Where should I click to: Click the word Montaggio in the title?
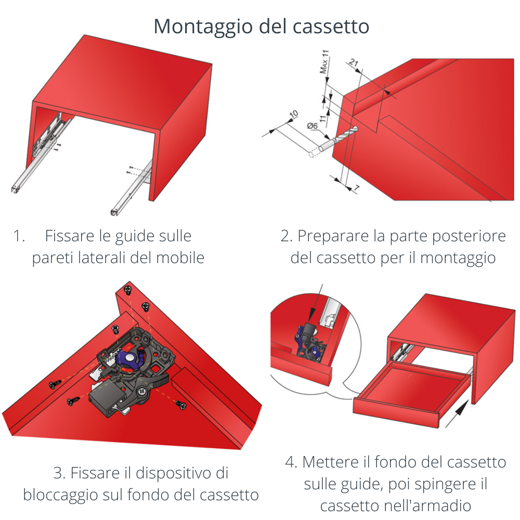197,27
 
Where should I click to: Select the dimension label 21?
354,63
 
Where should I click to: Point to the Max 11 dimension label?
324,63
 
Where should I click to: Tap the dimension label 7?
356,188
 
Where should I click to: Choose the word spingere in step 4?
434,484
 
